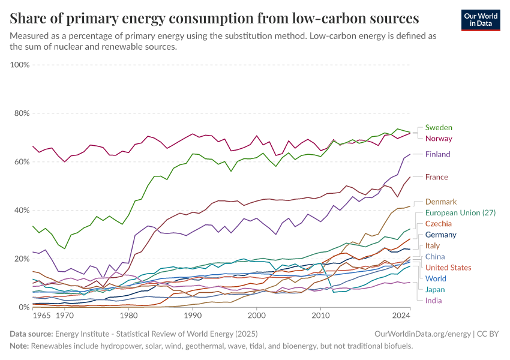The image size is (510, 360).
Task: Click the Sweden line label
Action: (x=439, y=128)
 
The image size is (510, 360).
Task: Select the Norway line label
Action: (x=439, y=139)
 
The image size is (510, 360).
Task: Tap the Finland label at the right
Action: (x=437, y=154)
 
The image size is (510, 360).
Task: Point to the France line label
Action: (x=437, y=177)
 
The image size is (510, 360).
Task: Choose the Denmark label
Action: (x=441, y=202)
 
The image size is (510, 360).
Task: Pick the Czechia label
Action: (x=439, y=223)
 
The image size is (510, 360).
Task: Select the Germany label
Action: (x=441, y=235)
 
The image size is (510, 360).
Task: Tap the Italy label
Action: (x=433, y=245)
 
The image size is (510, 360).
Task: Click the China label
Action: (x=435, y=257)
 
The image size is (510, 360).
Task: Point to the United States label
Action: (x=448, y=268)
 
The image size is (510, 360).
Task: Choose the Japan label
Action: (x=435, y=290)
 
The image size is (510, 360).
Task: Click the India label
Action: (x=433, y=301)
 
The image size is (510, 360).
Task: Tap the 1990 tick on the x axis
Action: (x=193, y=315)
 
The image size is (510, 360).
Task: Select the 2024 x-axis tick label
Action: (x=401, y=315)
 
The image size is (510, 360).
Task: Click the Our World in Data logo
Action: (x=481, y=20)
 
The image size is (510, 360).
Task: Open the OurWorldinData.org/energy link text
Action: (x=421, y=334)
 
